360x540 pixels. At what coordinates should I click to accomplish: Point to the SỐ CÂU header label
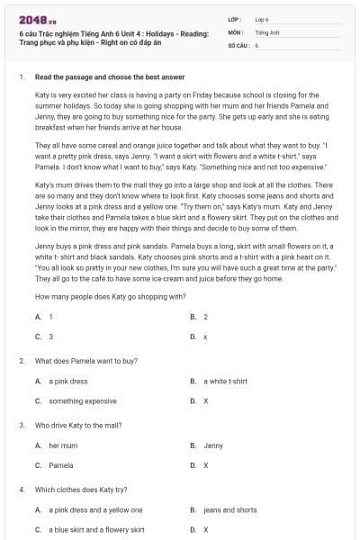[238, 44]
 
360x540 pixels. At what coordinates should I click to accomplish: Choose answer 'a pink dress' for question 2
[67, 381]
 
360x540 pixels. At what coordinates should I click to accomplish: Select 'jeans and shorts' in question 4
[229, 509]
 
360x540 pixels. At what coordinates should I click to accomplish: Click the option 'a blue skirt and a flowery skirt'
[96, 529]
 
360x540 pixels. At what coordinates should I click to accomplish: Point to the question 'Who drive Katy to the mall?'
[84, 424]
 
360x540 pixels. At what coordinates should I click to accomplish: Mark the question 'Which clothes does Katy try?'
[87, 489]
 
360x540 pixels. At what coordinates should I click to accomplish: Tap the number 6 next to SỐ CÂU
[256, 44]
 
